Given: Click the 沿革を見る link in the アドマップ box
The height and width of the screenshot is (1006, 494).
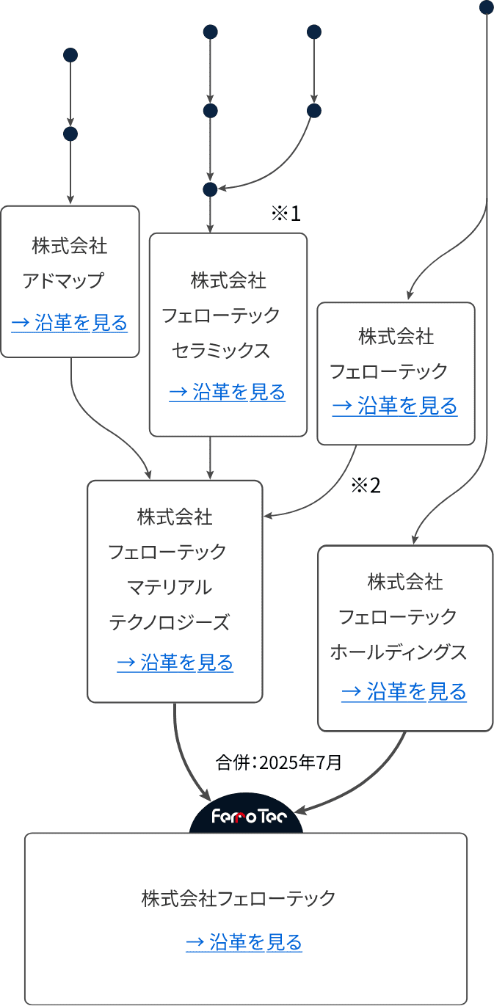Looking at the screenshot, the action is pyautogui.click(x=70, y=323).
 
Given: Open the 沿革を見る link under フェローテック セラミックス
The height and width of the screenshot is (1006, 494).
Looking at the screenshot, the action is pyautogui.click(x=228, y=392).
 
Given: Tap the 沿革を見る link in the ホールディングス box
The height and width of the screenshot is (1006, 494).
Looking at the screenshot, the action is pyautogui.click(x=404, y=692).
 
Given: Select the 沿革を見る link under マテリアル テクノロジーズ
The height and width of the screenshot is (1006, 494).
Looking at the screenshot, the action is pyautogui.click(x=175, y=663).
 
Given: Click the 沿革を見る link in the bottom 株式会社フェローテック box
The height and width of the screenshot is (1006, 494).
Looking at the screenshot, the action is pyautogui.click(x=244, y=941).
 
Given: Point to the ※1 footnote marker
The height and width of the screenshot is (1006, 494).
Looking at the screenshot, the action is pyautogui.click(x=286, y=214).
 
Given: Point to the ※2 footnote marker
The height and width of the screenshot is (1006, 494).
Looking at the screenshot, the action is pyautogui.click(x=366, y=486).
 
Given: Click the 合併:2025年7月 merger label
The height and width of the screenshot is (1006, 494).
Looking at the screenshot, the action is pyautogui.click(x=278, y=762).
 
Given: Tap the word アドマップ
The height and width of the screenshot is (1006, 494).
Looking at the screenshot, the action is pyautogui.click(x=63, y=281).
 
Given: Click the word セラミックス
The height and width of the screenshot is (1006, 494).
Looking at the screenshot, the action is pyautogui.click(x=220, y=350).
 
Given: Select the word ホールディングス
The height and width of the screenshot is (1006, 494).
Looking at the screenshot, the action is pyautogui.click(x=399, y=652).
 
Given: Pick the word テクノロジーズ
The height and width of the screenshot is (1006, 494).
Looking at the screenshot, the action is pyautogui.click(x=170, y=622).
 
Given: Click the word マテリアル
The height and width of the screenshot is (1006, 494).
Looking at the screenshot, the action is pyautogui.click(x=170, y=588).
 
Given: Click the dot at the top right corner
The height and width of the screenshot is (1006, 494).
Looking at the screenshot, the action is pyautogui.click(x=487, y=7).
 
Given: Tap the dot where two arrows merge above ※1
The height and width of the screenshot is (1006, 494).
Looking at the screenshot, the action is pyautogui.click(x=210, y=189).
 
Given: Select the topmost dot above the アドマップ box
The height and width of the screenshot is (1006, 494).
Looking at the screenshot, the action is pyautogui.click(x=70, y=55).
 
